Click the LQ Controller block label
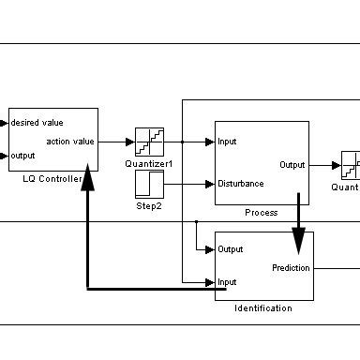coord(52,179)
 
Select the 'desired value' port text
coord(37,122)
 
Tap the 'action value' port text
coord(70,142)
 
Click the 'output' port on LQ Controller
coord(23,157)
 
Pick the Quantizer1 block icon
coord(149,142)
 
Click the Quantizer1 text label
coord(150,163)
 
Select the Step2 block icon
coord(149,184)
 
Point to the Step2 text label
coord(149,204)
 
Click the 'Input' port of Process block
coord(227,142)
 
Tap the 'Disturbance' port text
coord(240,184)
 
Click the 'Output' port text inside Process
coord(292,165)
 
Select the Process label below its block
coord(262,213)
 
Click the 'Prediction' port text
coord(291,268)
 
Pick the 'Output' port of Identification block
coord(231,249)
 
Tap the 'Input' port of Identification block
coord(227,281)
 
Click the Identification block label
coord(263,308)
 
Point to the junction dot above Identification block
coord(196,221)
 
